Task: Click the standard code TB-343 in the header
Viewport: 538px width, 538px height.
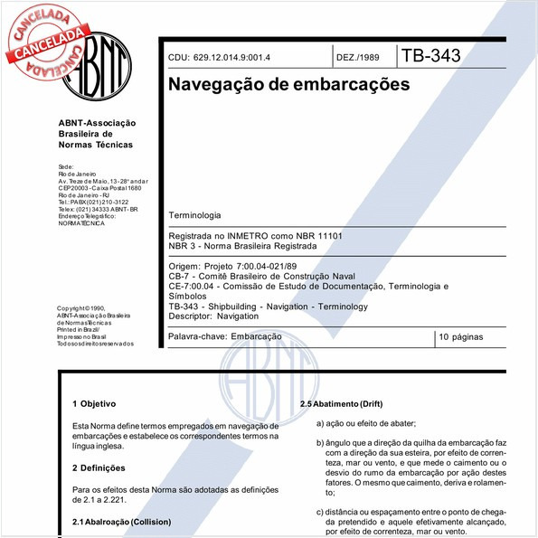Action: (431, 56)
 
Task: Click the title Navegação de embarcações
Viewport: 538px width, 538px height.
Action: (288, 84)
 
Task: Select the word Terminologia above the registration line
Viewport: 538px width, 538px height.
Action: (194, 216)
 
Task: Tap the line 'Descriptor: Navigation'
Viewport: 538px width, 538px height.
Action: (213, 316)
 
